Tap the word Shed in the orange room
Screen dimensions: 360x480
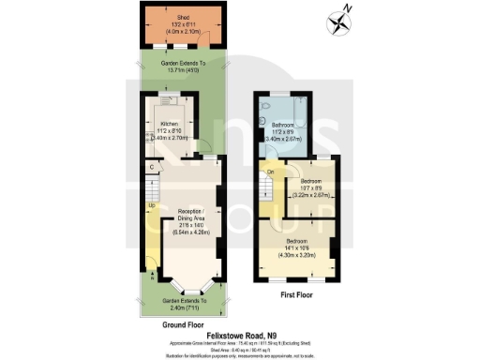pos(184,18)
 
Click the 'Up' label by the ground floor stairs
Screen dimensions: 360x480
pos(149,205)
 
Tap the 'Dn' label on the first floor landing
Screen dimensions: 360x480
pos(270,172)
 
